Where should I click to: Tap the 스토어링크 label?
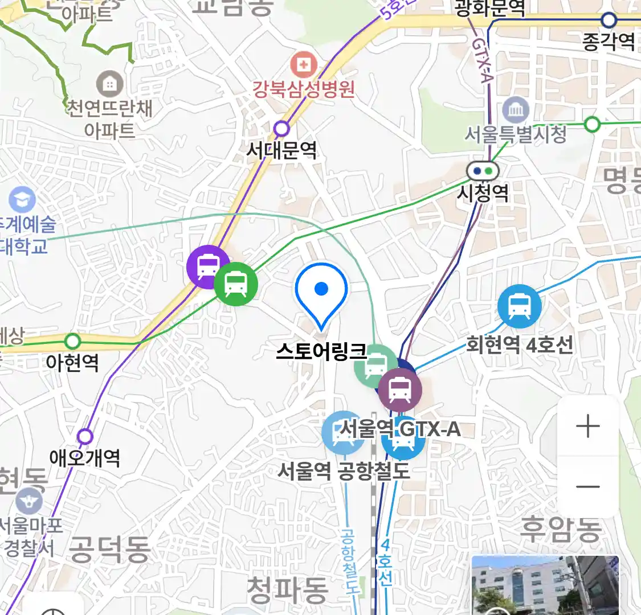tap(321, 350)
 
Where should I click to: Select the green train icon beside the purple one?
tap(235, 284)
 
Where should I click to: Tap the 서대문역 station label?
tap(281, 150)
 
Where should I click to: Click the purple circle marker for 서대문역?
tap(281, 129)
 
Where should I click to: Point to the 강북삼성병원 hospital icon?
tap(304, 65)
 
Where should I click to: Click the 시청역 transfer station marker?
tap(483, 170)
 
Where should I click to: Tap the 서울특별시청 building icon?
tap(516, 109)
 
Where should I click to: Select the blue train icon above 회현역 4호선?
tap(519, 306)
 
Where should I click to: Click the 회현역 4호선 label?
tap(520, 345)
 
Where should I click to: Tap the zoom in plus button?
tap(588, 427)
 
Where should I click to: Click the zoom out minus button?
tap(588, 487)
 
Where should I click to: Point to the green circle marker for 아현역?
tap(72, 342)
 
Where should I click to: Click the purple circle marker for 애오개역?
tap(85, 437)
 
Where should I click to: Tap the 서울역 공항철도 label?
tap(344, 471)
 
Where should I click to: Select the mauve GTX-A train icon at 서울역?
tap(400, 391)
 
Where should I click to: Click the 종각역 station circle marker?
tap(609, 20)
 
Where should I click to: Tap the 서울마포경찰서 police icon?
tap(28, 502)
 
